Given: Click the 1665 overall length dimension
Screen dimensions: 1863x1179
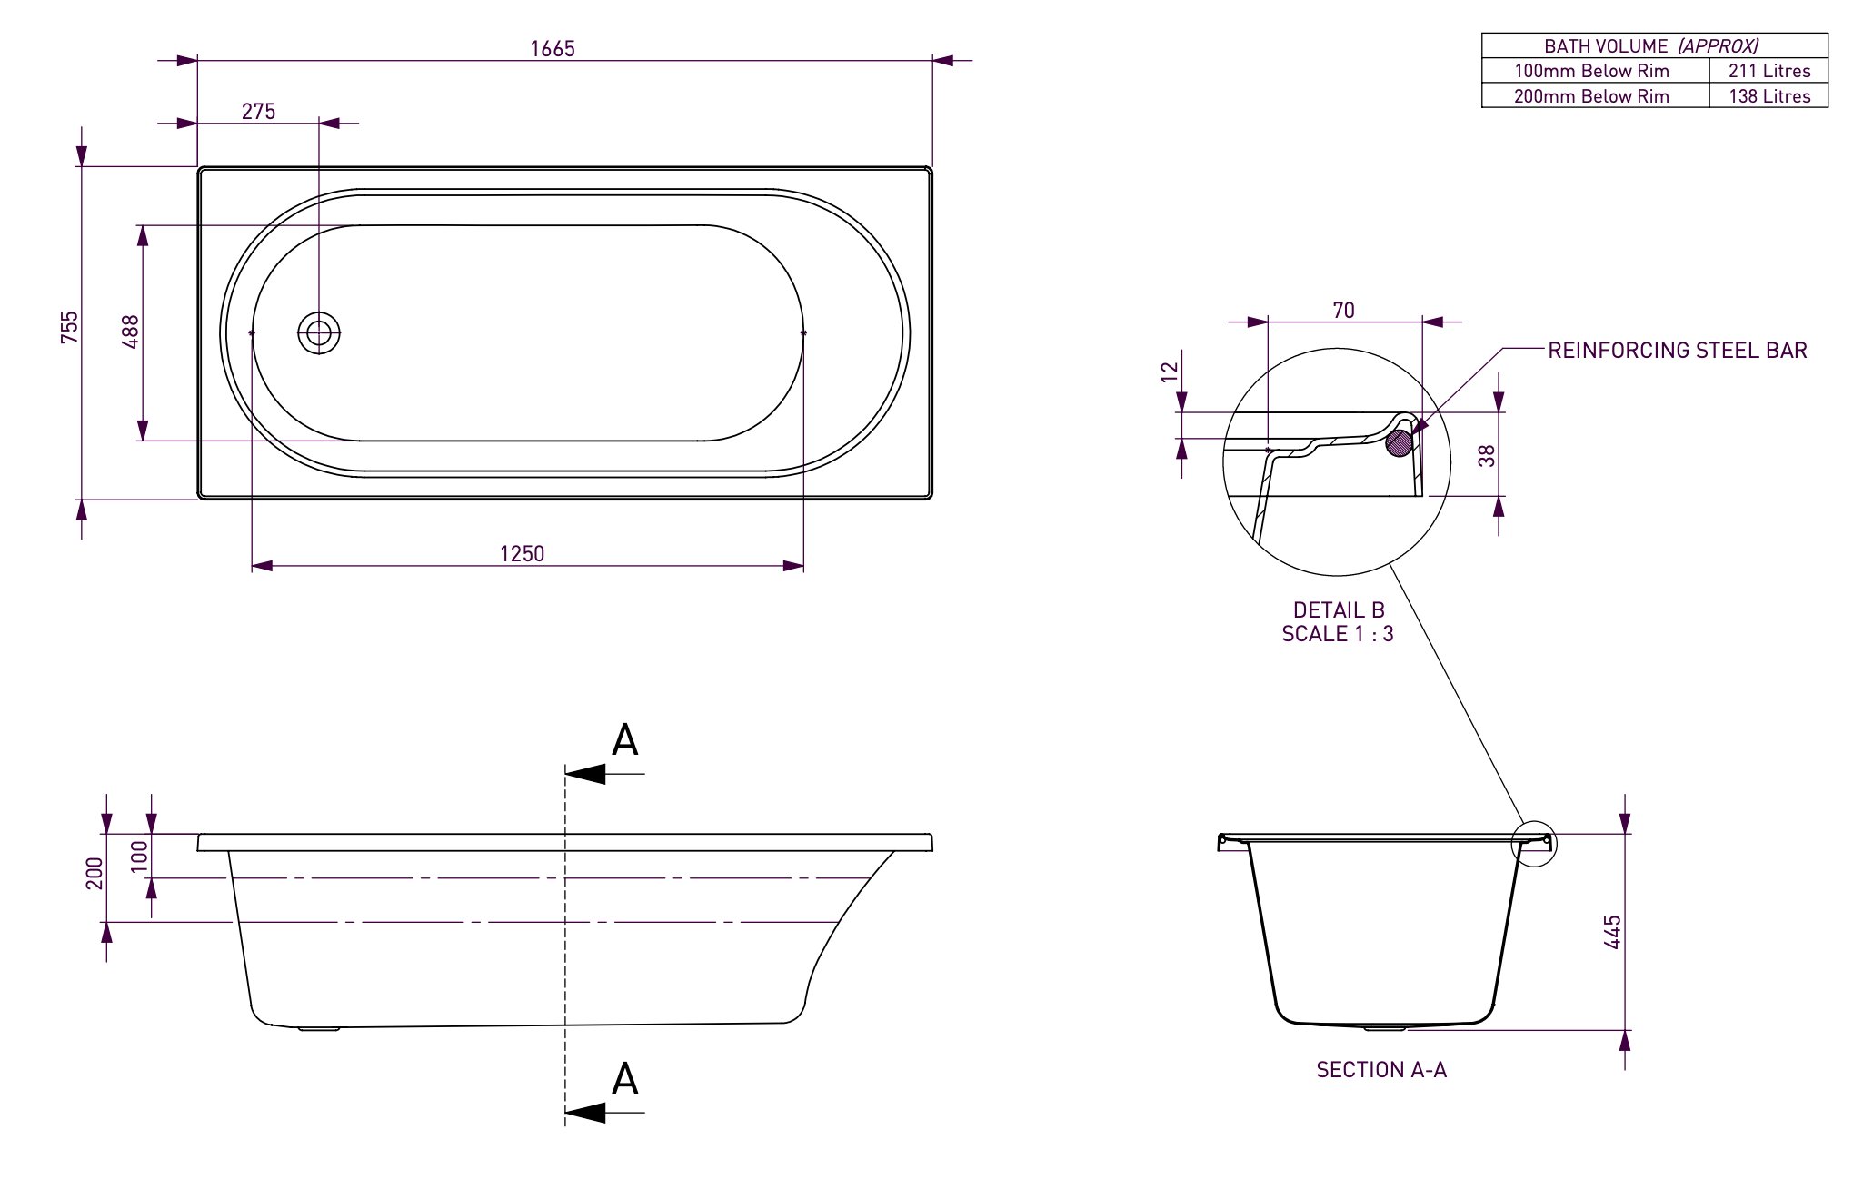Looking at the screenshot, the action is [553, 49].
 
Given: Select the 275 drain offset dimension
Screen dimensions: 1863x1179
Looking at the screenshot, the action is [258, 112].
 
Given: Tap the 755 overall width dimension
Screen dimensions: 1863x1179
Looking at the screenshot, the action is [70, 328].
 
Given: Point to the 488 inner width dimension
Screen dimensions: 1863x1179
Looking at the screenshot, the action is [131, 332].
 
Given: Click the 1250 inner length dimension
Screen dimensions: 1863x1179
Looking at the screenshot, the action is [523, 554].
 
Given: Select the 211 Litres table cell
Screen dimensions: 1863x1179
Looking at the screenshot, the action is [1769, 71].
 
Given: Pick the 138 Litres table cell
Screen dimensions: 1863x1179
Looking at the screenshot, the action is [1769, 96].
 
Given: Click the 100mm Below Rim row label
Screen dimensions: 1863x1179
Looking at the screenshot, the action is [1591, 71].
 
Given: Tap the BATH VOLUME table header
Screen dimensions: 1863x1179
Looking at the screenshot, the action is [1651, 45].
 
